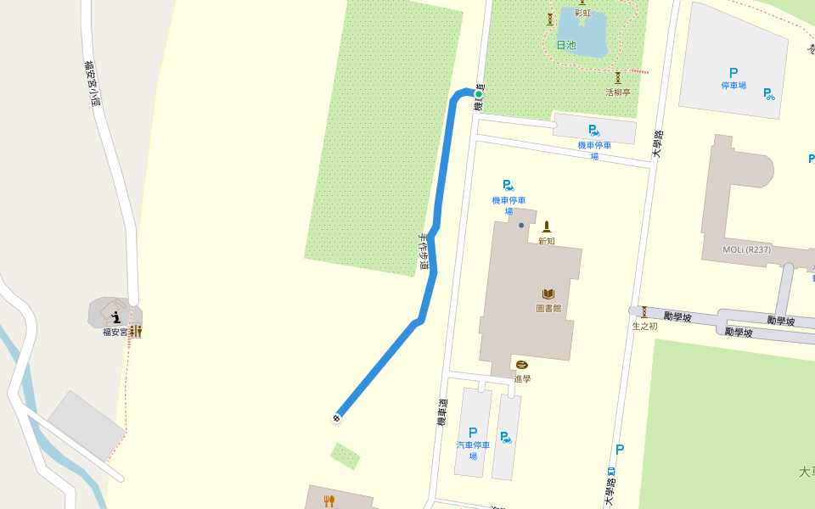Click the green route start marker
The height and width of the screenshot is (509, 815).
479,94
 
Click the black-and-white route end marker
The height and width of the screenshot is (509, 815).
337,418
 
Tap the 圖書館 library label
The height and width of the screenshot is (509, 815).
548,308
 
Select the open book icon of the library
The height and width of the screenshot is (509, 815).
548,294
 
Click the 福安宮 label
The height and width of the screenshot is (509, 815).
115,332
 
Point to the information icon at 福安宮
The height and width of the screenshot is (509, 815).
116,317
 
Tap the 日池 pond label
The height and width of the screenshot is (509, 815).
565,45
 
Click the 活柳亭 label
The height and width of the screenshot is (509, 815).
618,92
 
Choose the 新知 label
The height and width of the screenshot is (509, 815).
546,241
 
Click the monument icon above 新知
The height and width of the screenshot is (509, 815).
546,227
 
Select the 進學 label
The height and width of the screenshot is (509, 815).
522,378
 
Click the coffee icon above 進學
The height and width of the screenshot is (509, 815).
521,365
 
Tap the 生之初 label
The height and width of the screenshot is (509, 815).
644,326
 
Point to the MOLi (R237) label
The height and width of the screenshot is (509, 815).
747,249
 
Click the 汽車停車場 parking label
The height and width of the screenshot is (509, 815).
473,450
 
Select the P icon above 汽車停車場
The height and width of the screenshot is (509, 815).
473,433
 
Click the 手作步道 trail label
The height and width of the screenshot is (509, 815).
424,253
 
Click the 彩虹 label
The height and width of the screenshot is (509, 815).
582,13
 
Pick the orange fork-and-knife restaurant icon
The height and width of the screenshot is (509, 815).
329,501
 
